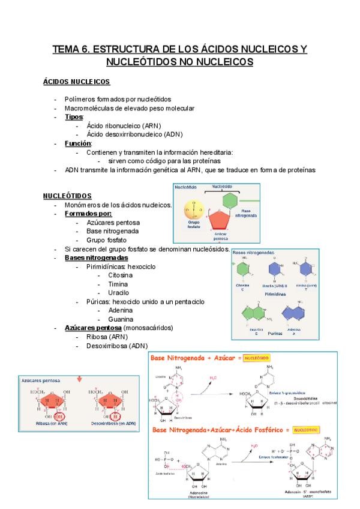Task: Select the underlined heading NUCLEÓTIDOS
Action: coord(67,196)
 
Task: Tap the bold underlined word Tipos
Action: coord(74,117)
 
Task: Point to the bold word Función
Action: coord(78,143)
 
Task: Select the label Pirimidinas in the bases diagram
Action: coord(274,295)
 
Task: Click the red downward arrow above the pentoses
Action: coord(80,379)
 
